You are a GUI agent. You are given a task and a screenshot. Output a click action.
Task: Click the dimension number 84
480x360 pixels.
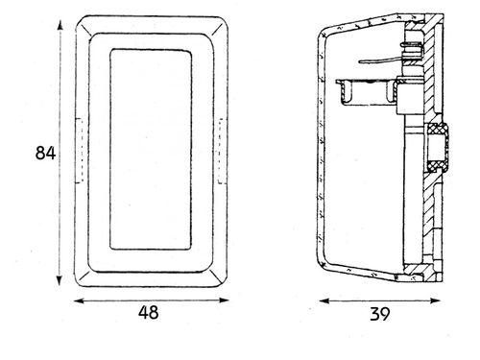45,153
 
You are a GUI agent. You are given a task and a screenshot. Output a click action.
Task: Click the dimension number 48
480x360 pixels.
149,312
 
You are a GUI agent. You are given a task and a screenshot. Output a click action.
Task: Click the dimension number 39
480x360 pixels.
380,314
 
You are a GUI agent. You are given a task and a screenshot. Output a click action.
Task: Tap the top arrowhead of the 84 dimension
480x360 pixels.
60,25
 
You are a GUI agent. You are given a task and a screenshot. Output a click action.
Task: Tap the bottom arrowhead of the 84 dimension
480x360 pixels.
60,280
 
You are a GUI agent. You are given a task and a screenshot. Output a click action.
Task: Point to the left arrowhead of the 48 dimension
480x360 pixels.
79,300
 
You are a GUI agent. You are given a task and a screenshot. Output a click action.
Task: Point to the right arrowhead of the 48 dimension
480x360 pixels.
224,300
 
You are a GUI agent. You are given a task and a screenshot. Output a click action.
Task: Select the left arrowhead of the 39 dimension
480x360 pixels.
324,300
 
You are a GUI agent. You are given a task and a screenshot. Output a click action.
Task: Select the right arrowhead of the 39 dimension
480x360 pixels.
436,300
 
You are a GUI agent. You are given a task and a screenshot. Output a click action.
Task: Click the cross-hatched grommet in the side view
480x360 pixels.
437,147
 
